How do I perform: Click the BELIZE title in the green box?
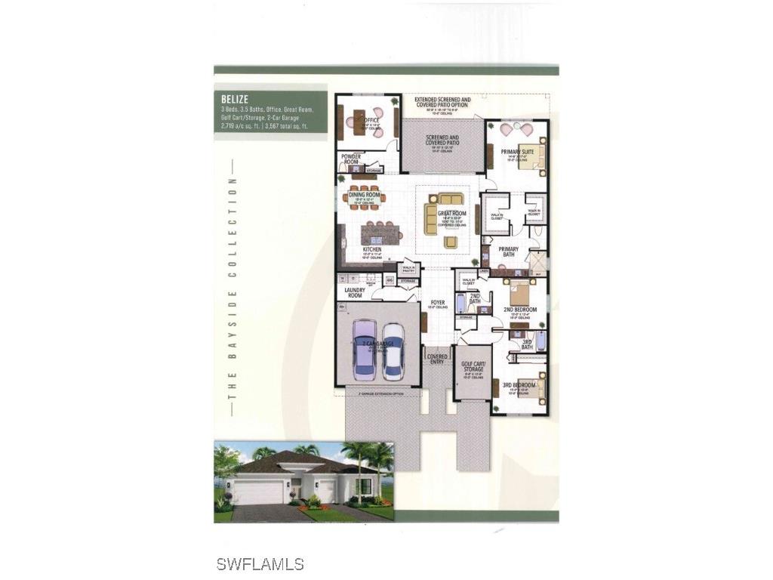(x=234, y=98)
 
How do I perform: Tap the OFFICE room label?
(x=370, y=119)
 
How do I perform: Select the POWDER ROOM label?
(x=351, y=159)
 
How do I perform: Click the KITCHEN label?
(x=371, y=249)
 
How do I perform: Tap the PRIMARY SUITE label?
(x=518, y=152)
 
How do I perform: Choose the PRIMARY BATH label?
(x=507, y=251)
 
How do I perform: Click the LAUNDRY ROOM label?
(x=355, y=292)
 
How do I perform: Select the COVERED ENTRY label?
(x=437, y=359)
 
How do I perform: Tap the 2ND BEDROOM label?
(x=520, y=310)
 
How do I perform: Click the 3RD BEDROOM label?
(x=519, y=385)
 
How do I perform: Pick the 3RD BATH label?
(x=528, y=344)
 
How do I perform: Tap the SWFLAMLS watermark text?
(x=260, y=563)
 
